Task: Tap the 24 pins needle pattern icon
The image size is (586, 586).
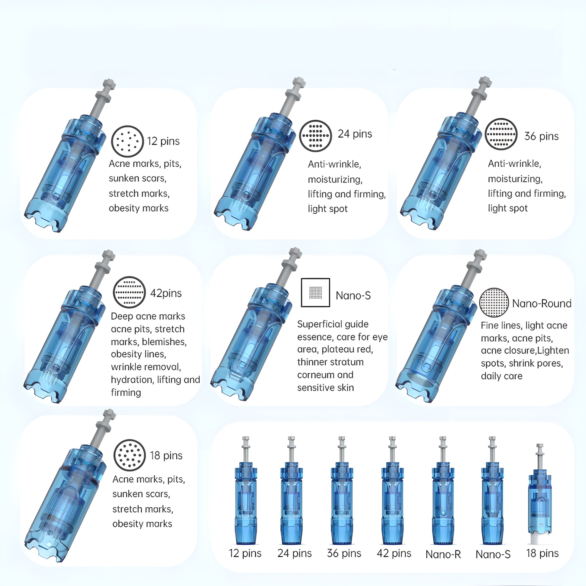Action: coord(315,136)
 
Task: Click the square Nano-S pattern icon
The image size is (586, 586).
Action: coord(315,293)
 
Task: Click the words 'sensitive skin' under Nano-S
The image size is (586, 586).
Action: coord(326,388)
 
